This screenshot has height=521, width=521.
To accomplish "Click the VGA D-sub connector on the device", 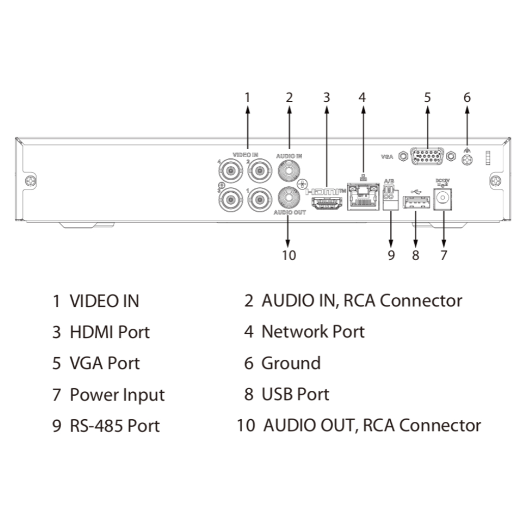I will pyautogui.click(x=427, y=157).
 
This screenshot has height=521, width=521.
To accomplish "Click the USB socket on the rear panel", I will pyautogui.click(x=416, y=204).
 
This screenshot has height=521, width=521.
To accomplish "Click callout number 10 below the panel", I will pyautogui.click(x=288, y=254).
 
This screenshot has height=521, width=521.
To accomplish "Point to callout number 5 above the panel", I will pyautogui.click(x=427, y=97).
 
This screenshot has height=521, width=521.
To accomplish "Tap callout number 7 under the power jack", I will pyautogui.click(x=444, y=254).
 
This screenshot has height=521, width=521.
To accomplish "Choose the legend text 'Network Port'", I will pyautogui.click(x=313, y=332).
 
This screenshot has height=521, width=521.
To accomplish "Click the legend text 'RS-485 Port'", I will pyautogui.click(x=114, y=426).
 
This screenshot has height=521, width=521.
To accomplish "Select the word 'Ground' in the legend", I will pyautogui.click(x=291, y=363).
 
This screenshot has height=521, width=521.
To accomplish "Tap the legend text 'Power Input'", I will pyautogui.click(x=117, y=395).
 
